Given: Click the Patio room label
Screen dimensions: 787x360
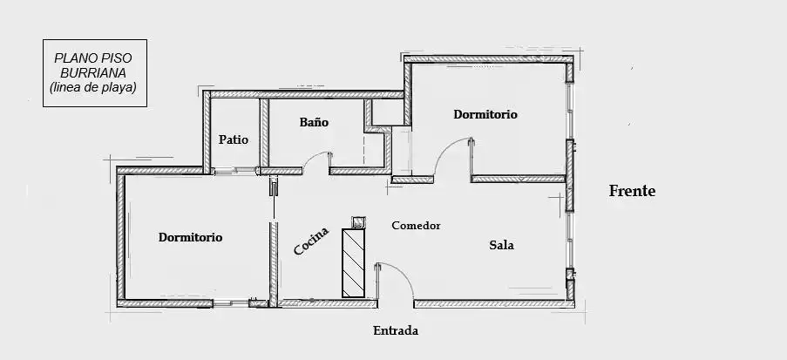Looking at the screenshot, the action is (234, 140).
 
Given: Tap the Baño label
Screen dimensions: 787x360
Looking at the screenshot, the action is (315, 122).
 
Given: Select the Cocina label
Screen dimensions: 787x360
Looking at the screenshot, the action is (311, 241).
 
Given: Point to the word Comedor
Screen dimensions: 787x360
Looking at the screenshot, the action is (416, 226).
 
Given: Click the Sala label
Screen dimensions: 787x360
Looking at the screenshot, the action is (501, 246).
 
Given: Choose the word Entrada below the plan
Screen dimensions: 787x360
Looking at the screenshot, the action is (396, 331).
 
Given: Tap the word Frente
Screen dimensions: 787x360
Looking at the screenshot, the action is (633, 191).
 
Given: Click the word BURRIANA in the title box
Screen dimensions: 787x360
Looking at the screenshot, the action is (93, 73).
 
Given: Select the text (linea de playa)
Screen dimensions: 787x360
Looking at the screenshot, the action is (93, 87).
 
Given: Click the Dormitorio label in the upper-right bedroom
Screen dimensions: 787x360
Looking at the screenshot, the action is (485, 114).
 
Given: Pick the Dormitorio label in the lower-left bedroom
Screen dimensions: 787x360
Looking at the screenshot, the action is (190, 237).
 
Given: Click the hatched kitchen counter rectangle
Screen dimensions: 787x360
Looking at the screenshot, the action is (353, 263).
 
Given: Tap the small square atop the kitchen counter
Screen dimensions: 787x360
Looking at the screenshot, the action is (358, 222).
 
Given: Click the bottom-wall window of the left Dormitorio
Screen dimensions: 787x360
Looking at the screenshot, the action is (231, 302).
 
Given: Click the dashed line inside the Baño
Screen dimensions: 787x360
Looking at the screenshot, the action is (364, 148).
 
